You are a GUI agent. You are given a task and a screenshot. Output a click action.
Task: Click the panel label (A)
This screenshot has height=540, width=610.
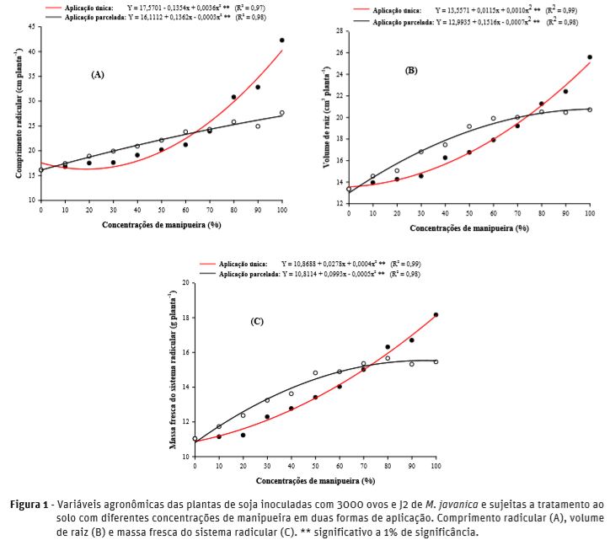[x=98, y=75]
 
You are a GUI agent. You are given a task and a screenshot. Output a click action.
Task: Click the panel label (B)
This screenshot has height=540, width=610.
[x=411, y=71]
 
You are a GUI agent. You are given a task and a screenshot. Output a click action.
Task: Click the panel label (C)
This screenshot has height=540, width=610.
[x=258, y=322]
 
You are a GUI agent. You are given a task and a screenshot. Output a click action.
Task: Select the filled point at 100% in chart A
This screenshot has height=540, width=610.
[x=282, y=40]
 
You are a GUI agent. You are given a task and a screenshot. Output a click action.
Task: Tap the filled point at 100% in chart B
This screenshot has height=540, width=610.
[x=590, y=57]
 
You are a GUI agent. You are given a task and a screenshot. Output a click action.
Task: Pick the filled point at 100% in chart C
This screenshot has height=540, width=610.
[x=436, y=314]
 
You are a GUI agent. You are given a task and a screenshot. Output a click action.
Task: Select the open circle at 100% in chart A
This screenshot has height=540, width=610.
[x=282, y=112]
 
